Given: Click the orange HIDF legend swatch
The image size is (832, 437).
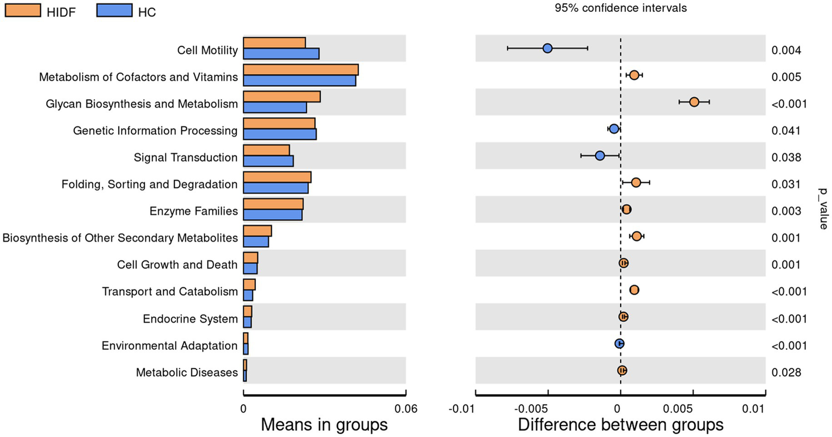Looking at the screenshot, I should pos(22,10).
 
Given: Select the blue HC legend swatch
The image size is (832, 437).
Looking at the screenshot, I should pos(114,10).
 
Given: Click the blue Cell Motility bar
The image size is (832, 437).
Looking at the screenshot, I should pos(281,54).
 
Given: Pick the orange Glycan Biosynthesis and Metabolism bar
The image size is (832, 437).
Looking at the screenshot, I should pos(281,97).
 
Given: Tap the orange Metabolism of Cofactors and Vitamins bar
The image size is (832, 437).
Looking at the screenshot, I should pos(300,70).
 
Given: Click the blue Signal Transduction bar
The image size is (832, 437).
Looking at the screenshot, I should pos(268,161).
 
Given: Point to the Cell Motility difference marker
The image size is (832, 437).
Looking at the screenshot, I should pos(547,49).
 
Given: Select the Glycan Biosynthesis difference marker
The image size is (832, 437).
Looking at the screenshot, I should pos(694,102).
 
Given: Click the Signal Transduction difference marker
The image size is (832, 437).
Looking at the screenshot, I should pos(600,156).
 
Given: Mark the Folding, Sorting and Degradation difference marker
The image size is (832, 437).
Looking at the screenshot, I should pos(636,183).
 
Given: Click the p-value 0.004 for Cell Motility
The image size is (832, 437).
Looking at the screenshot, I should pos(785,50).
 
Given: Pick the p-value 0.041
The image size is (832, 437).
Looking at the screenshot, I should pos(785,131).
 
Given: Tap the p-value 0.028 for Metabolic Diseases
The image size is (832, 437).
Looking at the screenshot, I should pos(785,372).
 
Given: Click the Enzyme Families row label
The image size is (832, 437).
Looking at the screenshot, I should pos(194,211).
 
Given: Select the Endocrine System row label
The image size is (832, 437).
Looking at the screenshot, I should pos(190,319).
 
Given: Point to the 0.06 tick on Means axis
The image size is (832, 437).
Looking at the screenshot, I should pos(405,409).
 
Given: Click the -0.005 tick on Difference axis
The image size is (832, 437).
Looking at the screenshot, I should pos(547,409).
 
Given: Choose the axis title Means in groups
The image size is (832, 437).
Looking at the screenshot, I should pos(324,424).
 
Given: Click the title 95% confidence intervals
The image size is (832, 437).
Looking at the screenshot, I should pos(621,8).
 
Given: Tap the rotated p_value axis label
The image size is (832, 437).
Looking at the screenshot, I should pos(823,209).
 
